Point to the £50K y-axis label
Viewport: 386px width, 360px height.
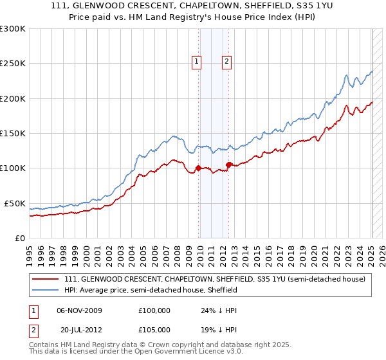click(x=14, y=203)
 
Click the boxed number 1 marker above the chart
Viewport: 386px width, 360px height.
click(x=197, y=62)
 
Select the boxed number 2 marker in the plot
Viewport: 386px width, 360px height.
click(x=227, y=62)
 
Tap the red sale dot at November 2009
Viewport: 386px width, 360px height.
click(x=198, y=168)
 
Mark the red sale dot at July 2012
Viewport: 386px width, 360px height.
click(x=229, y=165)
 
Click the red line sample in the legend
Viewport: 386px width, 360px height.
click(x=46, y=280)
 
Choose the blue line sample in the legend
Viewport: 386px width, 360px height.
click(x=46, y=291)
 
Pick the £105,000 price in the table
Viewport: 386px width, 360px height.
click(x=154, y=328)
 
